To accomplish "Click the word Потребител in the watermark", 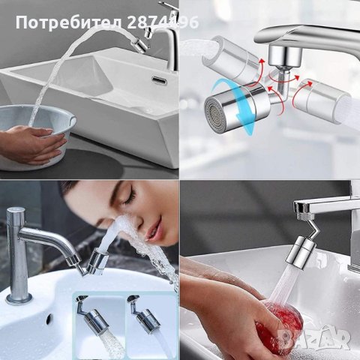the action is [x=68, y=23].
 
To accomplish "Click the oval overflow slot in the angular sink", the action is [x=158, y=79].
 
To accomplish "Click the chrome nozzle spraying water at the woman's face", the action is [x=97, y=262].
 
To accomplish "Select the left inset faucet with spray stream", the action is [x=98, y=325].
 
